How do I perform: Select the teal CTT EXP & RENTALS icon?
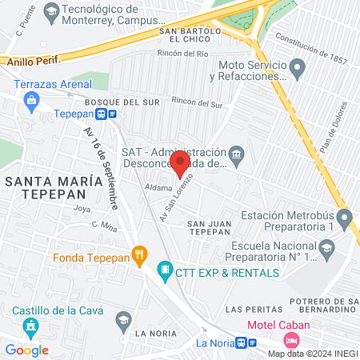coord(165,271)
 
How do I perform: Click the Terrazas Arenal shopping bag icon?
coord(31,100)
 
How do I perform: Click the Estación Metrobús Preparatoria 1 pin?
coord(344,216)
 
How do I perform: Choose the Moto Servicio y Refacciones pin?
coord(298,70)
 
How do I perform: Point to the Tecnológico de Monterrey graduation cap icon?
coord(52,11)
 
